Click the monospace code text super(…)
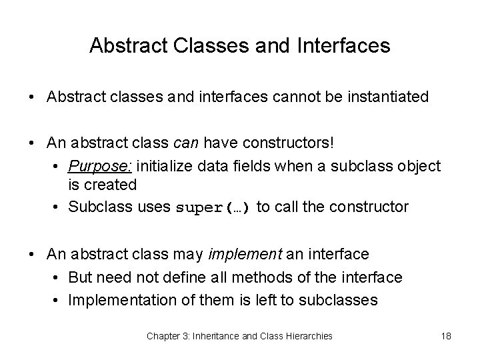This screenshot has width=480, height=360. coord(213,207)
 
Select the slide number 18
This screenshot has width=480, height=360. coord(446,336)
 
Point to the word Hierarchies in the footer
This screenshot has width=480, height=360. coord(309,336)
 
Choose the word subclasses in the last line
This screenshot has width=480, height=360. coord(339,300)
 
